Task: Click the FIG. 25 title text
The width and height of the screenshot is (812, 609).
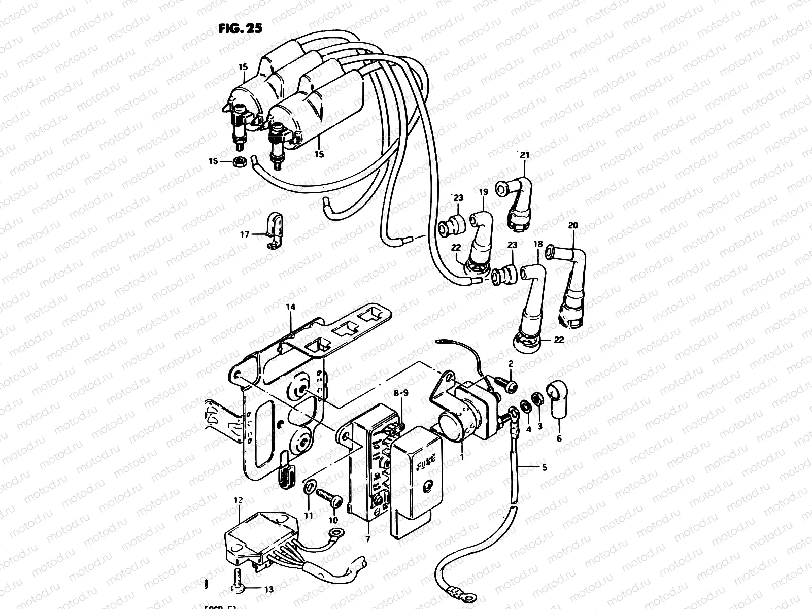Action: point(241,28)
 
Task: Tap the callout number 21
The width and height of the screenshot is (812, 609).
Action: point(524,155)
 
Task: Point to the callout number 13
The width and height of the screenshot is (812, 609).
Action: point(268,590)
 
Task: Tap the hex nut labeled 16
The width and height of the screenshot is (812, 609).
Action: point(240,162)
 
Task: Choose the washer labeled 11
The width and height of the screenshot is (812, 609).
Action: point(308,489)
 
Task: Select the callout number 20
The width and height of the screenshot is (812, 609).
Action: point(573,225)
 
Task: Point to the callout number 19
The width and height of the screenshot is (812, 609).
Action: point(483,192)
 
